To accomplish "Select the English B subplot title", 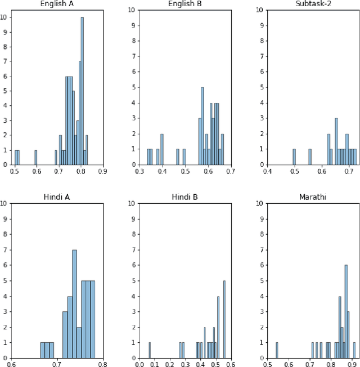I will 185,5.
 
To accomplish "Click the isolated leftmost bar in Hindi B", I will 150,350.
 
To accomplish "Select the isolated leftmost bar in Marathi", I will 277,350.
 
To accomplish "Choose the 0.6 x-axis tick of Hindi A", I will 12,363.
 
